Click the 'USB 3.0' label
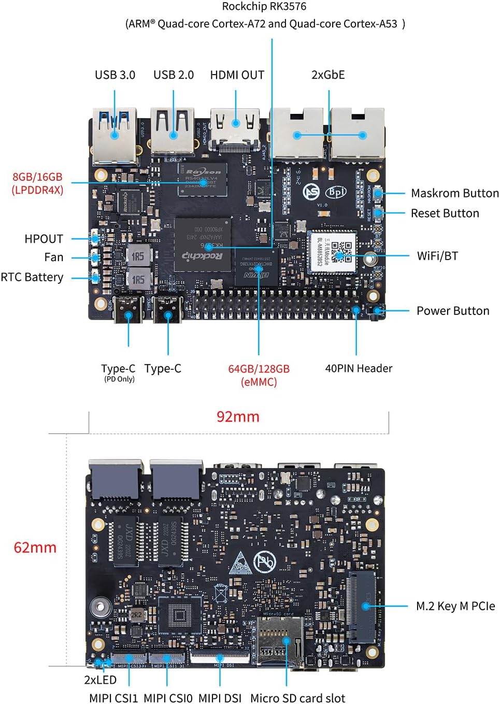pos(115,75)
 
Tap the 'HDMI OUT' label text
pos(237,75)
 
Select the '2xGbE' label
pos(328,75)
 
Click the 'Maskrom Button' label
pos(454,193)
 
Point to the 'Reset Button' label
pos(445,213)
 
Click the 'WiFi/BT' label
pos(437,256)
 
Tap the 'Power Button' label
pos(453,311)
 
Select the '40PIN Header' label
pos(359,368)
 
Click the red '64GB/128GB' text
pos(259,369)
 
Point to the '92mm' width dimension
pos(238,416)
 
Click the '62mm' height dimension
pos(35,548)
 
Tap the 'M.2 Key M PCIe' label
pos(455,606)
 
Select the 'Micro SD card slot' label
pos(297,698)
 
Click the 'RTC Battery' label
pos(32,277)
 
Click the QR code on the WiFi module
pos(341,251)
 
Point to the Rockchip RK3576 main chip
pos(203,244)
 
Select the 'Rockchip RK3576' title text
pos(264,7)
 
